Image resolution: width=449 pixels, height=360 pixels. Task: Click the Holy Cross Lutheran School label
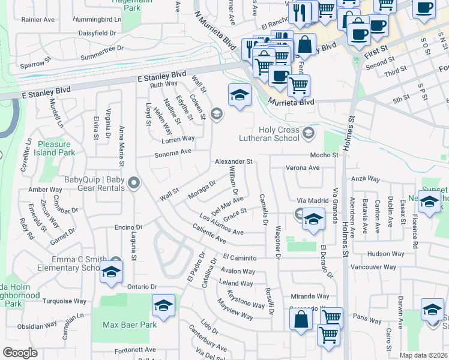(279, 134)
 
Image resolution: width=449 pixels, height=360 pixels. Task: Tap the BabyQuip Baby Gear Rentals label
(96, 184)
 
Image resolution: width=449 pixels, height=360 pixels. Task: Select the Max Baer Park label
(130, 325)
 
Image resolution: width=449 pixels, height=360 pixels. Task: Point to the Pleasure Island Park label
(56, 148)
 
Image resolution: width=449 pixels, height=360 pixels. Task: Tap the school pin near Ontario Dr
(111, 273)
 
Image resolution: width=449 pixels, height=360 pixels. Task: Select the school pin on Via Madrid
(313, 220)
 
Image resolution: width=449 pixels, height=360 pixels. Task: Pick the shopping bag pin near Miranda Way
(301, 320)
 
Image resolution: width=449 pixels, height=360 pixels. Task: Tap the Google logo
(20, 353)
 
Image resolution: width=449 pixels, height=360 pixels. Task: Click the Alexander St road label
(234, 162)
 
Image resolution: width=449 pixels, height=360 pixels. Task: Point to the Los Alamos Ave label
(221, 225)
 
